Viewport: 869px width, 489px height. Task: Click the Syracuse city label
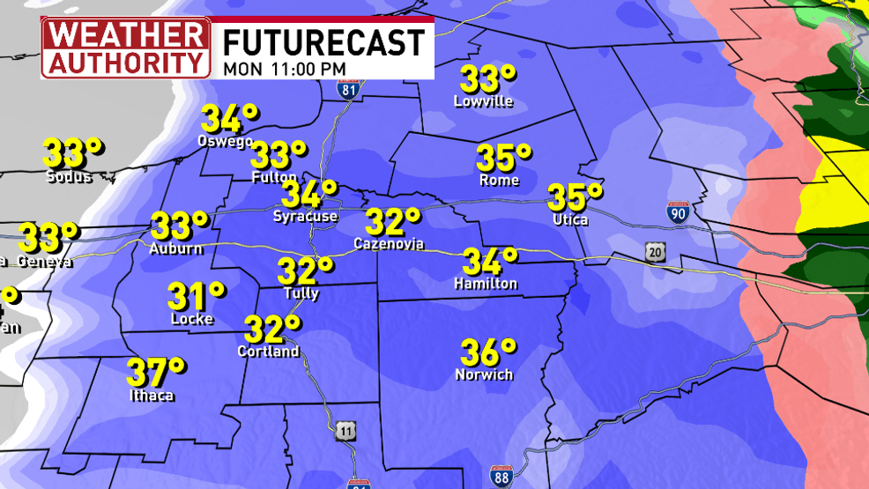305,216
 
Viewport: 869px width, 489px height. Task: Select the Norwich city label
484,374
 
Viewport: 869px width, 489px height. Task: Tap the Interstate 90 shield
676,212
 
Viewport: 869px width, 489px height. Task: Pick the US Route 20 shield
654,253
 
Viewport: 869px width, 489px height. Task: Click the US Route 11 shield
345,431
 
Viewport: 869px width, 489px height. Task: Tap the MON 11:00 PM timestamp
284,68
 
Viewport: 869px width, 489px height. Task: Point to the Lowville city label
483,101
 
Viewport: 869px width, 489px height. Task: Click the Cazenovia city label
389,242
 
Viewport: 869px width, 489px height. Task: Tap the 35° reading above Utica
576,196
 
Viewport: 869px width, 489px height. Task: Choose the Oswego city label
226,141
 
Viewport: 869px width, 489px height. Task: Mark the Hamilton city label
486,284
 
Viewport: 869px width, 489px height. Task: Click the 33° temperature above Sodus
74,154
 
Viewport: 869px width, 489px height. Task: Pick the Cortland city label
269,351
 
